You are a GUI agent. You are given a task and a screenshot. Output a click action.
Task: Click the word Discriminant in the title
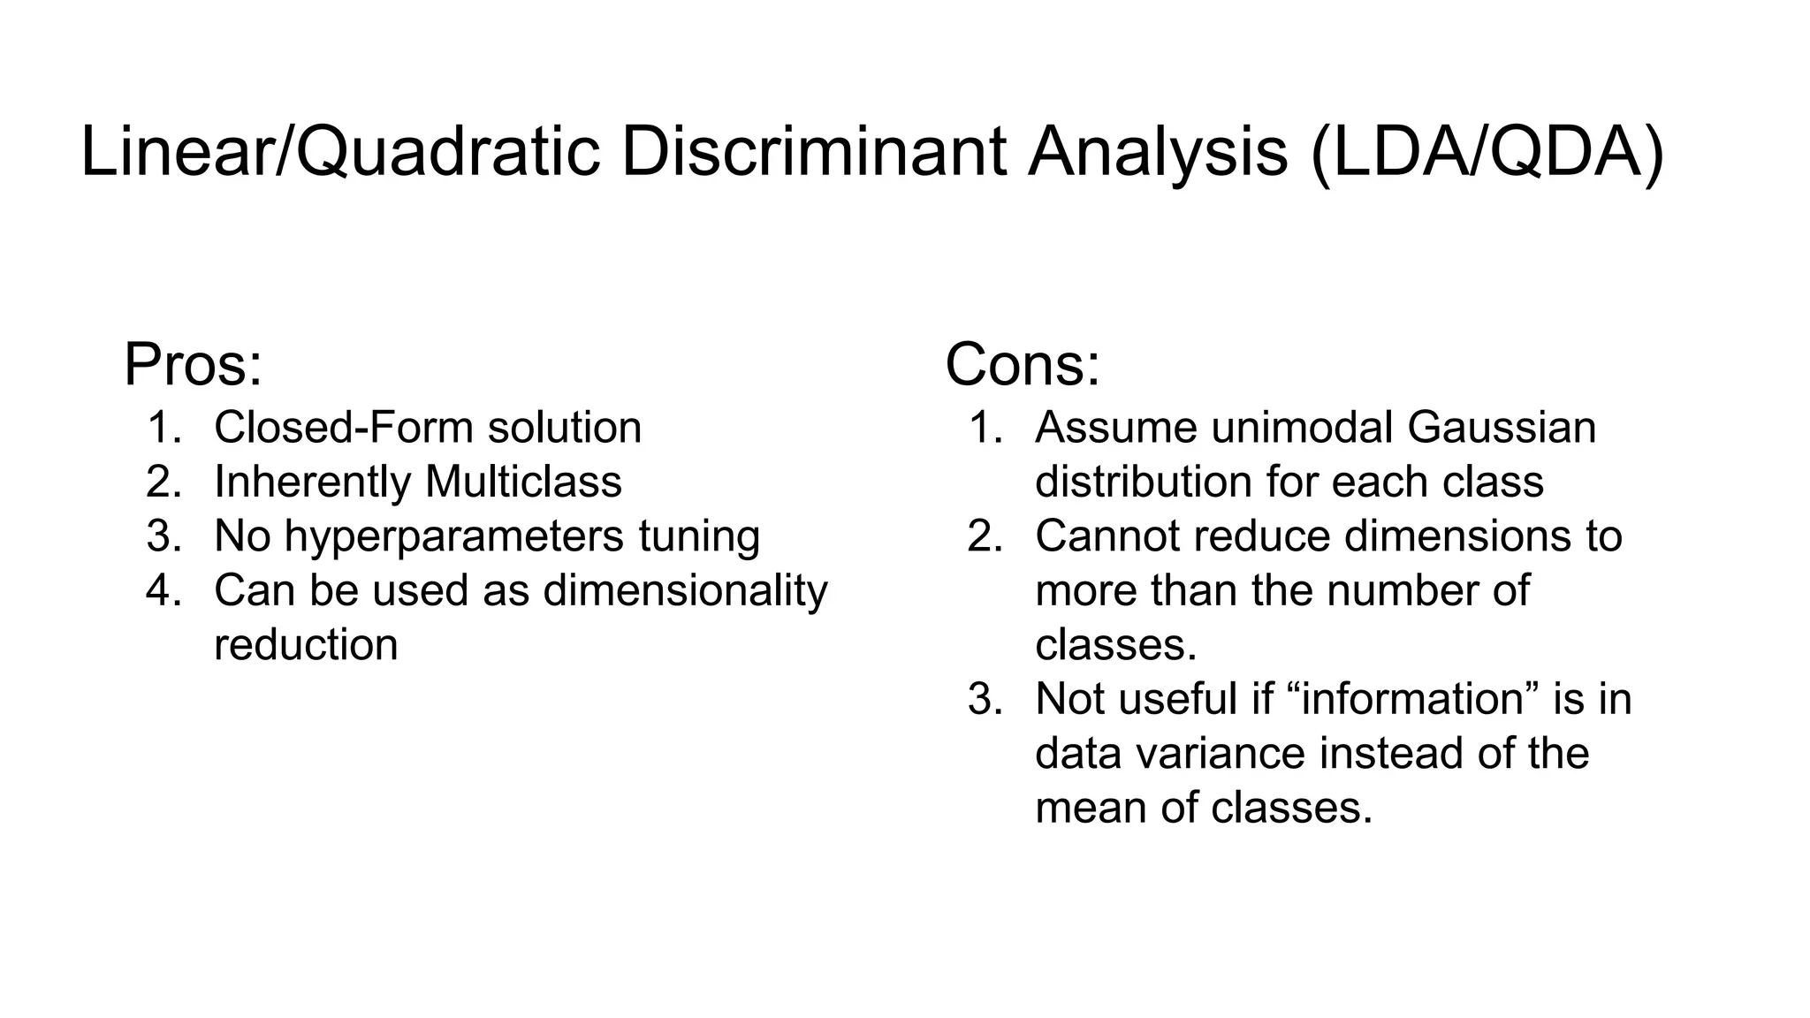tap(813, 152)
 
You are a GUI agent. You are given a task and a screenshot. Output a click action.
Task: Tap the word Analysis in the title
tap(1158, 152)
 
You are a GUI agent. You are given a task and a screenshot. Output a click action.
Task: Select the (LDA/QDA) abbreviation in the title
tap(1487, 152)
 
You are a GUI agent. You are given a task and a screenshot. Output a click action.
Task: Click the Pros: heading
tap(193, 364)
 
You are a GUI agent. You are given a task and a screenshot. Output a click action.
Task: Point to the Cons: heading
tap(1023, 364)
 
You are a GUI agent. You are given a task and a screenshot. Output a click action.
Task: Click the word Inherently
tap(313, 482)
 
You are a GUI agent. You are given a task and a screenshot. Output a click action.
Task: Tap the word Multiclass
tap(523, 482)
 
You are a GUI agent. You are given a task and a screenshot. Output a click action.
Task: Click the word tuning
tap(699, 536)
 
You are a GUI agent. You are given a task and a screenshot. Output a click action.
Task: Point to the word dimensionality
tap(685, 590)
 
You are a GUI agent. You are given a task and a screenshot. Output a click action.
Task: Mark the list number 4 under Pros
tap(163, 590)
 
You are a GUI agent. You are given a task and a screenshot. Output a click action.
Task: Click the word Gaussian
tap(1502, 428)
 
